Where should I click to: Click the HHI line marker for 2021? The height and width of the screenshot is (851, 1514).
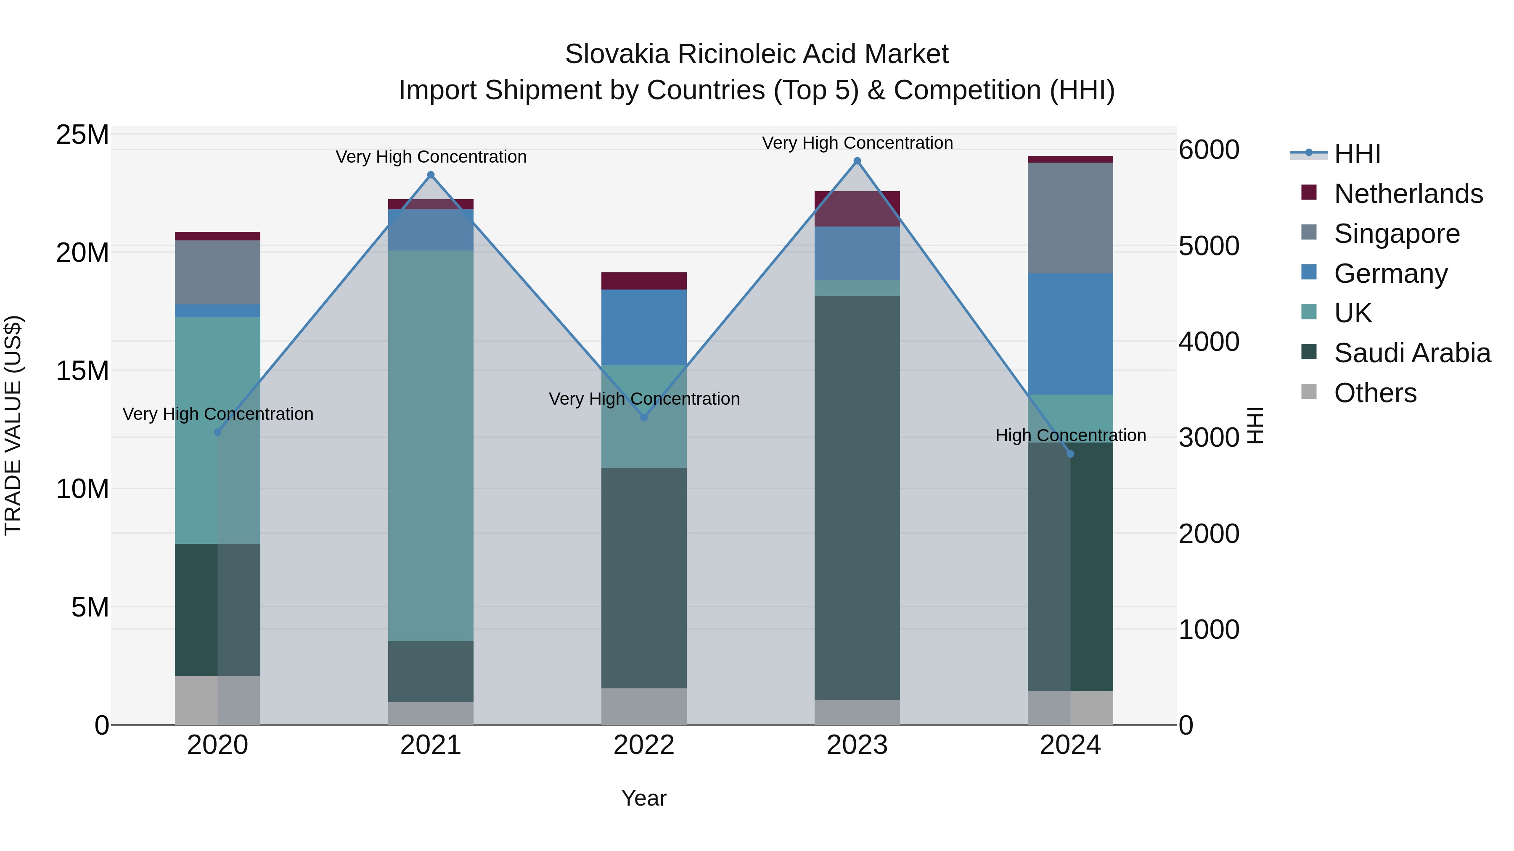click(x=431, y=175)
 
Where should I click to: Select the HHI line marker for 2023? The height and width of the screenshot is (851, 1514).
click(x=857, y=161)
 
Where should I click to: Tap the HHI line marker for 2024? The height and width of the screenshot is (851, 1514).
click(x=1070, y=454)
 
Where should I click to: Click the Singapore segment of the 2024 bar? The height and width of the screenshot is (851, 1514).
click(x=1070, y=218)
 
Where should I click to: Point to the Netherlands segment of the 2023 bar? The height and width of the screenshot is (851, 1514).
click(x=857, y=208)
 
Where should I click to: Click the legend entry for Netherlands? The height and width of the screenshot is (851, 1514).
click(x=1408, y=194)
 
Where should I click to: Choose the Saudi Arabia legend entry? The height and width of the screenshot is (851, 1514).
click(x=1412, y=353)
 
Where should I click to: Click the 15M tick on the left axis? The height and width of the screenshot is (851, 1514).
click(x=82, y=371)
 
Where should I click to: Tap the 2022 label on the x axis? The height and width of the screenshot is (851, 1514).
click(x=643, y=745)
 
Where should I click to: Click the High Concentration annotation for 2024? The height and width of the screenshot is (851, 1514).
click(x=1070, y=435)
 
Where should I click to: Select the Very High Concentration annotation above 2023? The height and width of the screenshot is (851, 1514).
click(x=857, y=143)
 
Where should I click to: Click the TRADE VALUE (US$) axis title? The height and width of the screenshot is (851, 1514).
click(x=13, y=425)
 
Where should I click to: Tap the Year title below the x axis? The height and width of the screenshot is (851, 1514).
click(x=643, y=798)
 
